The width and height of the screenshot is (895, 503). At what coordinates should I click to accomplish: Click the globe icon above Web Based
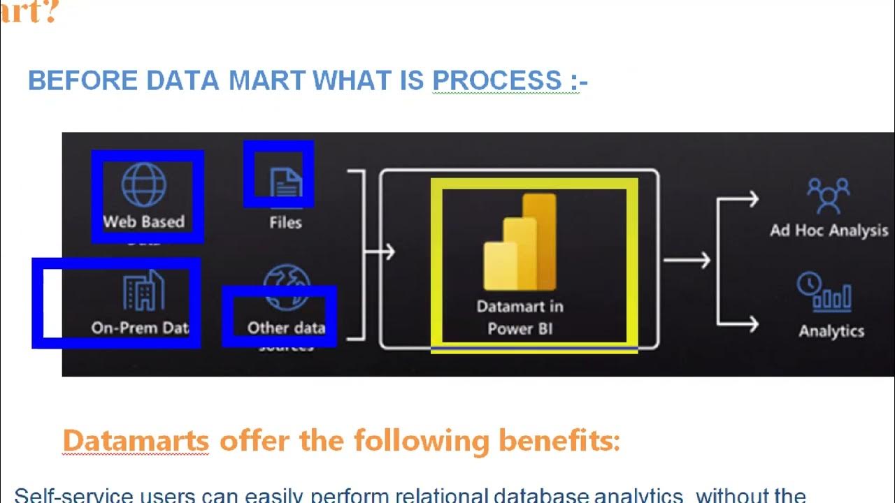point(143,184)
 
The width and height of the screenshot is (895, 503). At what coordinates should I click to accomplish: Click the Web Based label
point(143,222)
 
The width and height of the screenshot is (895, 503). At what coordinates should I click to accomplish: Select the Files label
point(285,223)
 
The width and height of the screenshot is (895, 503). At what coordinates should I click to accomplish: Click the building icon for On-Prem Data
point(143,291)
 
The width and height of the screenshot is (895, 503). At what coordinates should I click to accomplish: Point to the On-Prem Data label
point(140,328)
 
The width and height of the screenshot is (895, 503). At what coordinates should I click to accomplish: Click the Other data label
point(286,328)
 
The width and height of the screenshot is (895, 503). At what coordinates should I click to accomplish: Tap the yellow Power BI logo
point(520,242)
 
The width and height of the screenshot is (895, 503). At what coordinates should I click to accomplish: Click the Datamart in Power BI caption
point(520,317)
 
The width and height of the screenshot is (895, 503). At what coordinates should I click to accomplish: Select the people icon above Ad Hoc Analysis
point(828,196)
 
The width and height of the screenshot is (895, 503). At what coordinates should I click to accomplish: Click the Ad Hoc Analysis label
point(829,231)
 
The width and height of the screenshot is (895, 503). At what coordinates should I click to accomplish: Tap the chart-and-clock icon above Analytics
point(824,292)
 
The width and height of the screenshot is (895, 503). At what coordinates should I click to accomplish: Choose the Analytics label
point(831,331)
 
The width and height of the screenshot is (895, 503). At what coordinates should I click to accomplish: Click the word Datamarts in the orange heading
point(136,442)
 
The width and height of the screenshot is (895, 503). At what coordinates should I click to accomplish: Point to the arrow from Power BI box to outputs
point(686,261)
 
